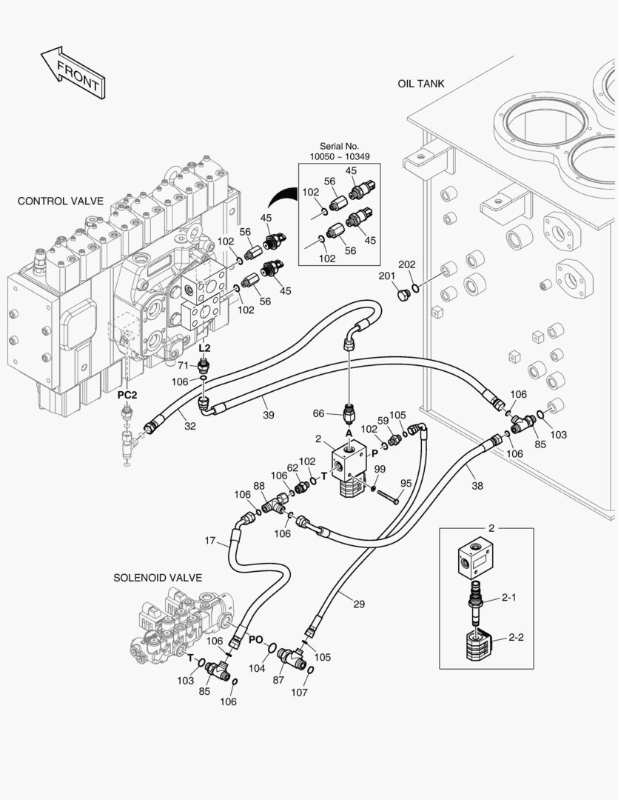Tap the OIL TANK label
coord(420,84)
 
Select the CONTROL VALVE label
coord(60,201)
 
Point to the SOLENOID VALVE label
coord(158,577)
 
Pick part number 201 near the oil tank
coord(387,276)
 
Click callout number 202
coord(407,264)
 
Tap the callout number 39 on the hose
coord(268,415)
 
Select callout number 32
coord(189,426)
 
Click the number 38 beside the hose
coord(477,487)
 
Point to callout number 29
coord(359,604)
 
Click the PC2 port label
coord(127,395)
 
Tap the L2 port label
coord(205,347)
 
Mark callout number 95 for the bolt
coord(406,483)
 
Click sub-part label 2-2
coord(515,638)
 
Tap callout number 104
coord(256,668)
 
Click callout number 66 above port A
coord(319,413)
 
